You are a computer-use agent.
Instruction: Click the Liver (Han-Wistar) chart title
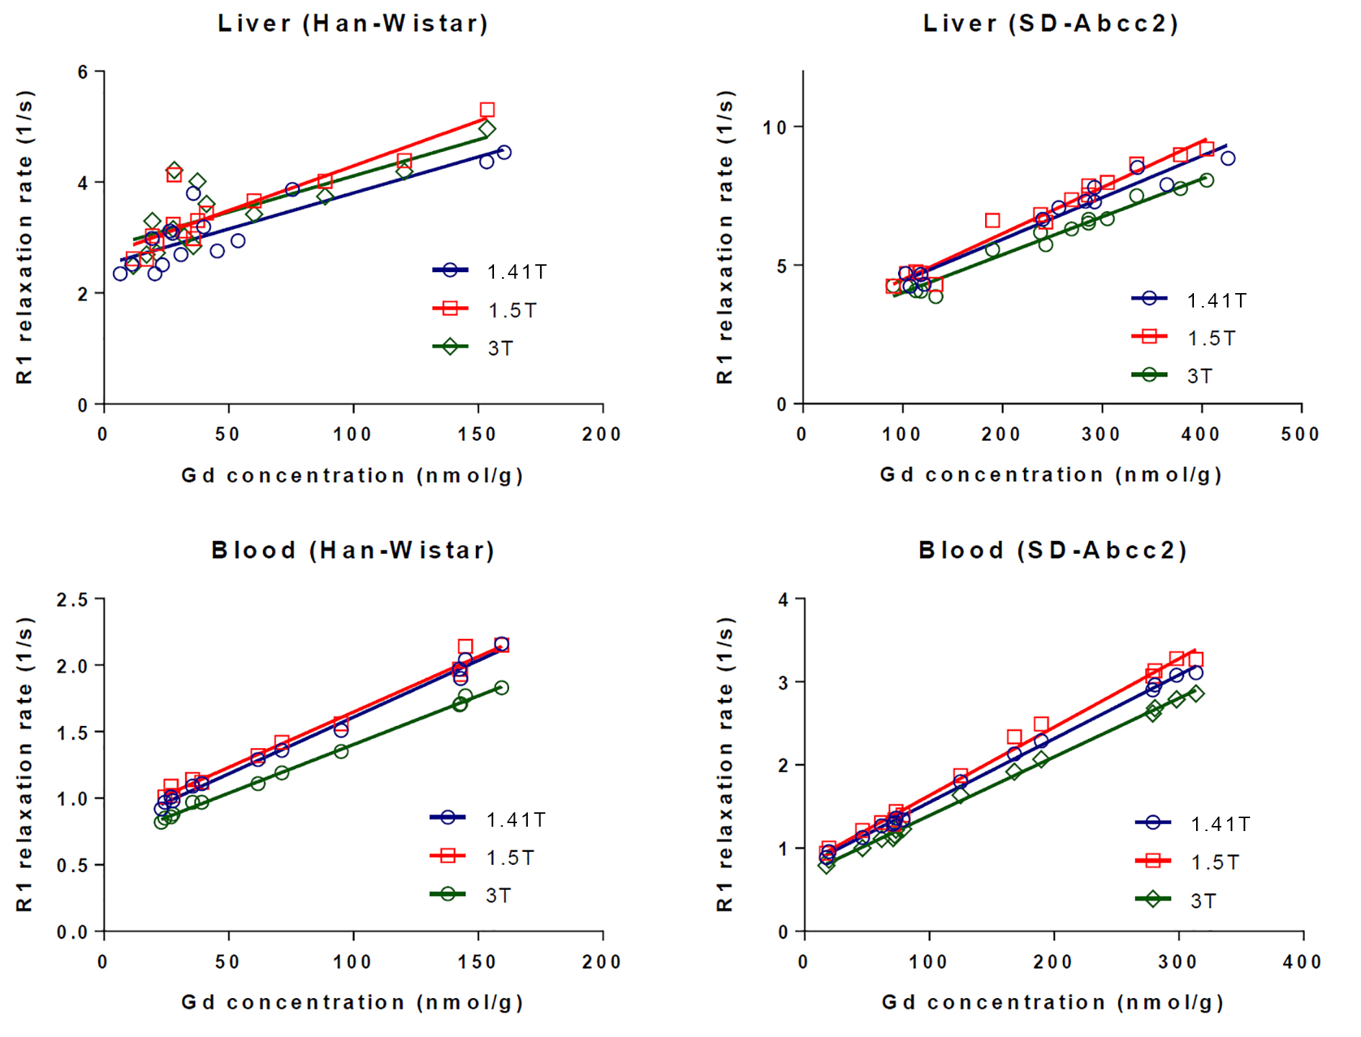353,24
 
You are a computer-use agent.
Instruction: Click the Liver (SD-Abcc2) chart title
1051,24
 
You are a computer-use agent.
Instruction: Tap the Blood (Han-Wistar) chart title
353,551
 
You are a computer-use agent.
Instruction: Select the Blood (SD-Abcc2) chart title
1052,551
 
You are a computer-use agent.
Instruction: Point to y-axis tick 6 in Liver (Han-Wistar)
84,72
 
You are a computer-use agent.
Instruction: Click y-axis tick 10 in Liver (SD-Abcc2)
775,127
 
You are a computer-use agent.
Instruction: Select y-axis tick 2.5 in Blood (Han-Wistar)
73,600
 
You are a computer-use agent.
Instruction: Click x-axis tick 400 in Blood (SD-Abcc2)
1302,962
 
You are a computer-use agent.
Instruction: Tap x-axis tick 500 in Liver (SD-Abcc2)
1301,434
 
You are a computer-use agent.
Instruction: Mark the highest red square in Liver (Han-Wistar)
487,110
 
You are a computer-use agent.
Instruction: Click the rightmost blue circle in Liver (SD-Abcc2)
1228,158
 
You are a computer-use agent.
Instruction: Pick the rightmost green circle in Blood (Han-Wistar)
501,688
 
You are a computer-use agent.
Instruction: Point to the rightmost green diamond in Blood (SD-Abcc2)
1195,693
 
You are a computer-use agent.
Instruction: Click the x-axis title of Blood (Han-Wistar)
352,1002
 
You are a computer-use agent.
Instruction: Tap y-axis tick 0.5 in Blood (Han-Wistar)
73,865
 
